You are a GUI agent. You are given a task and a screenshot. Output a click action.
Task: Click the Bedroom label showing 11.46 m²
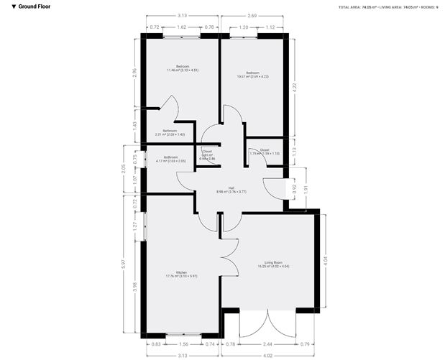(173, 68)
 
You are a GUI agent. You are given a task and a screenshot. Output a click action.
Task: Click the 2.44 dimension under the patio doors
(267, 344)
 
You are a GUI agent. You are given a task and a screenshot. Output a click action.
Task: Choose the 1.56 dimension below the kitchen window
(183, 344)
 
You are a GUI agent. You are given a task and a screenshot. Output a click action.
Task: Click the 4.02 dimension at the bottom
(267, 355)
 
